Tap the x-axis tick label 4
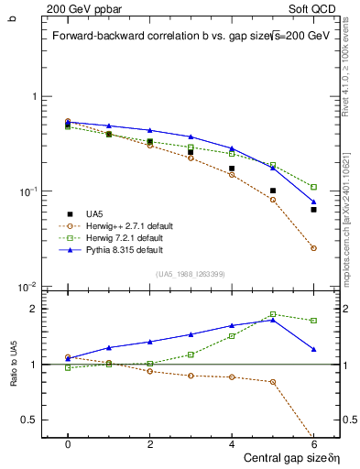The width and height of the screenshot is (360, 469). pos(232,443)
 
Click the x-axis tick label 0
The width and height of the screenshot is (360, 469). pos(68,443)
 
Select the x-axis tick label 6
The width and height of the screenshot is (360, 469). pos(313,443)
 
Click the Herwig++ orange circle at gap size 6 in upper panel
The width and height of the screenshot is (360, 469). pos(313,248)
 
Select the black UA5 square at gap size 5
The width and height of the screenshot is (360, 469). pos(273,191)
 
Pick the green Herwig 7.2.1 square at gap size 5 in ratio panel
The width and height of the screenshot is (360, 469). pos(273,314)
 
